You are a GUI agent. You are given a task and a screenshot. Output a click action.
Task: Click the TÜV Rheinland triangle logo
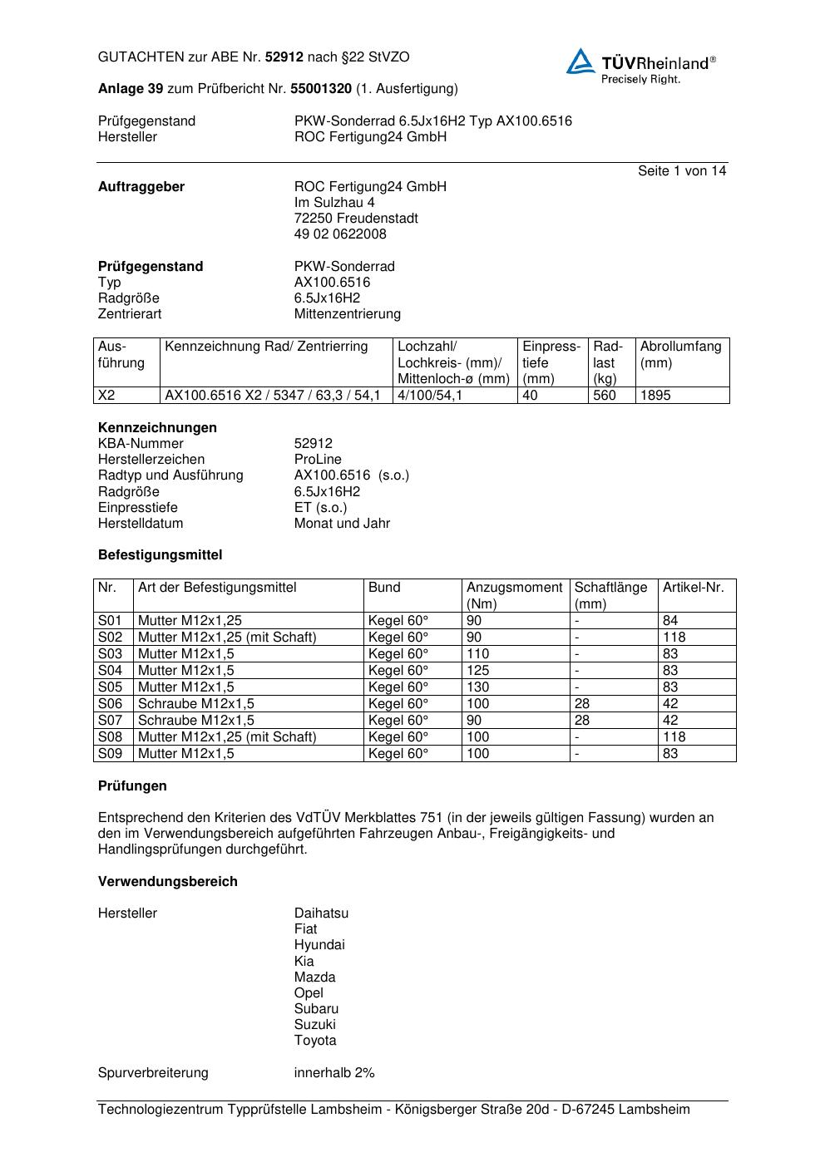tap(580, 61)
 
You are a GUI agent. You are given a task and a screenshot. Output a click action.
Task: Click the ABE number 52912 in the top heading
tap(284, 57)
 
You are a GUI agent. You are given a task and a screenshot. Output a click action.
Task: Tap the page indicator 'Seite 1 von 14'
tap(681, 171)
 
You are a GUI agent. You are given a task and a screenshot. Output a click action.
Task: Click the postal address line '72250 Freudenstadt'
tap(356, 219)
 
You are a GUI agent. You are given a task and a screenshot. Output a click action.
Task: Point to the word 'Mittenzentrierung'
tap(347, 314)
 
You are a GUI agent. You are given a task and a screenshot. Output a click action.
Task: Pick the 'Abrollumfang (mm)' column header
tap(680, 354)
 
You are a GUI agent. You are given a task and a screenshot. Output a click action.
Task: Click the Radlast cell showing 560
tap(604, 396)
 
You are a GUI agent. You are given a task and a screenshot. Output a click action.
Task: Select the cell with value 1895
tap(655, 396)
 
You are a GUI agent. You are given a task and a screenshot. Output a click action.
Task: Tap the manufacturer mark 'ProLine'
tap(318, 460)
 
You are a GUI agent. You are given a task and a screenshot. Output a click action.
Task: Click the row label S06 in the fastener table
tap(110, 704)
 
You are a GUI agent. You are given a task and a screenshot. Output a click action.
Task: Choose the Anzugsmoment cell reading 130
tap(478, 687)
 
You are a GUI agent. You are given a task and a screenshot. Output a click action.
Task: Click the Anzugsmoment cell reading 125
tap(478, 671)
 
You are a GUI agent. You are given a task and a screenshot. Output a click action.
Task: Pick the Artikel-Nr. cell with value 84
tap(670, 621)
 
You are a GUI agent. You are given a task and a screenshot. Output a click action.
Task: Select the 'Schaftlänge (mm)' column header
tap(610, 595)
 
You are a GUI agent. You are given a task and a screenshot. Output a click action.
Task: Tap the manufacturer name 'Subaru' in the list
tap(316, 1009)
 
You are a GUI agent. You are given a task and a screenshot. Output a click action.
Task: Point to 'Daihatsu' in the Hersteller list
tap(321, 913)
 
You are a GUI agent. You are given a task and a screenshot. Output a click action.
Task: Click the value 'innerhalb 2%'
tap(334, 1073)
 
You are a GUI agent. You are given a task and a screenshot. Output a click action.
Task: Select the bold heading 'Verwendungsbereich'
tap(167, 882)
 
